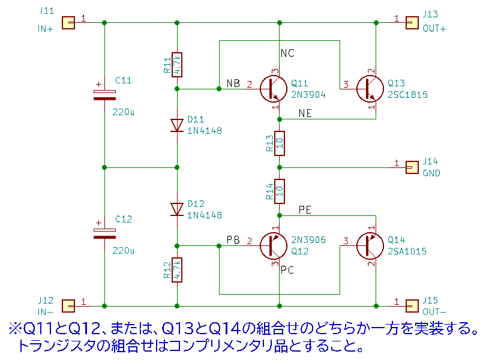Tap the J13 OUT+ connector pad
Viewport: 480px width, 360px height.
click(x=412, y=23)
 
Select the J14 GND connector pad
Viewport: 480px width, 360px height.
click(x=412, y=166)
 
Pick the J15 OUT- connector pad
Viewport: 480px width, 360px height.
click(x=412, y=305)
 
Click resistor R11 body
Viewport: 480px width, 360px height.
click(x=177, y=64)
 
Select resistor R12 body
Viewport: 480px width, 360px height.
click(x=177, y=269)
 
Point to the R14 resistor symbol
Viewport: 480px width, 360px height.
click(x=279, y=191)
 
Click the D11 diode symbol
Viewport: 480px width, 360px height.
click(x=177, y=125)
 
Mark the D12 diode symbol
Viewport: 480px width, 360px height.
click(x=177, y=209)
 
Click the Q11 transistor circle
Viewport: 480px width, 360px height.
click(x=274, y=89)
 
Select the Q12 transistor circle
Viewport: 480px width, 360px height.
click(x=274, y=245)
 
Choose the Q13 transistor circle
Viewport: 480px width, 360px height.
click(x=370, y=89)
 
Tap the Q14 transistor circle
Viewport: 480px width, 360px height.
click(x=370, y=245)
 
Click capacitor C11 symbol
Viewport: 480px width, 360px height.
click(x=104, y=93)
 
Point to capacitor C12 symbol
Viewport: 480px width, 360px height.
click(x=104, y=233)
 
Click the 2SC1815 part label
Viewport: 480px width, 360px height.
click(x=407, y=94)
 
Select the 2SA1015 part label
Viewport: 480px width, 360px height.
click(x=407, y=251)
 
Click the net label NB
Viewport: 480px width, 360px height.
click(x=233, y=83)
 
